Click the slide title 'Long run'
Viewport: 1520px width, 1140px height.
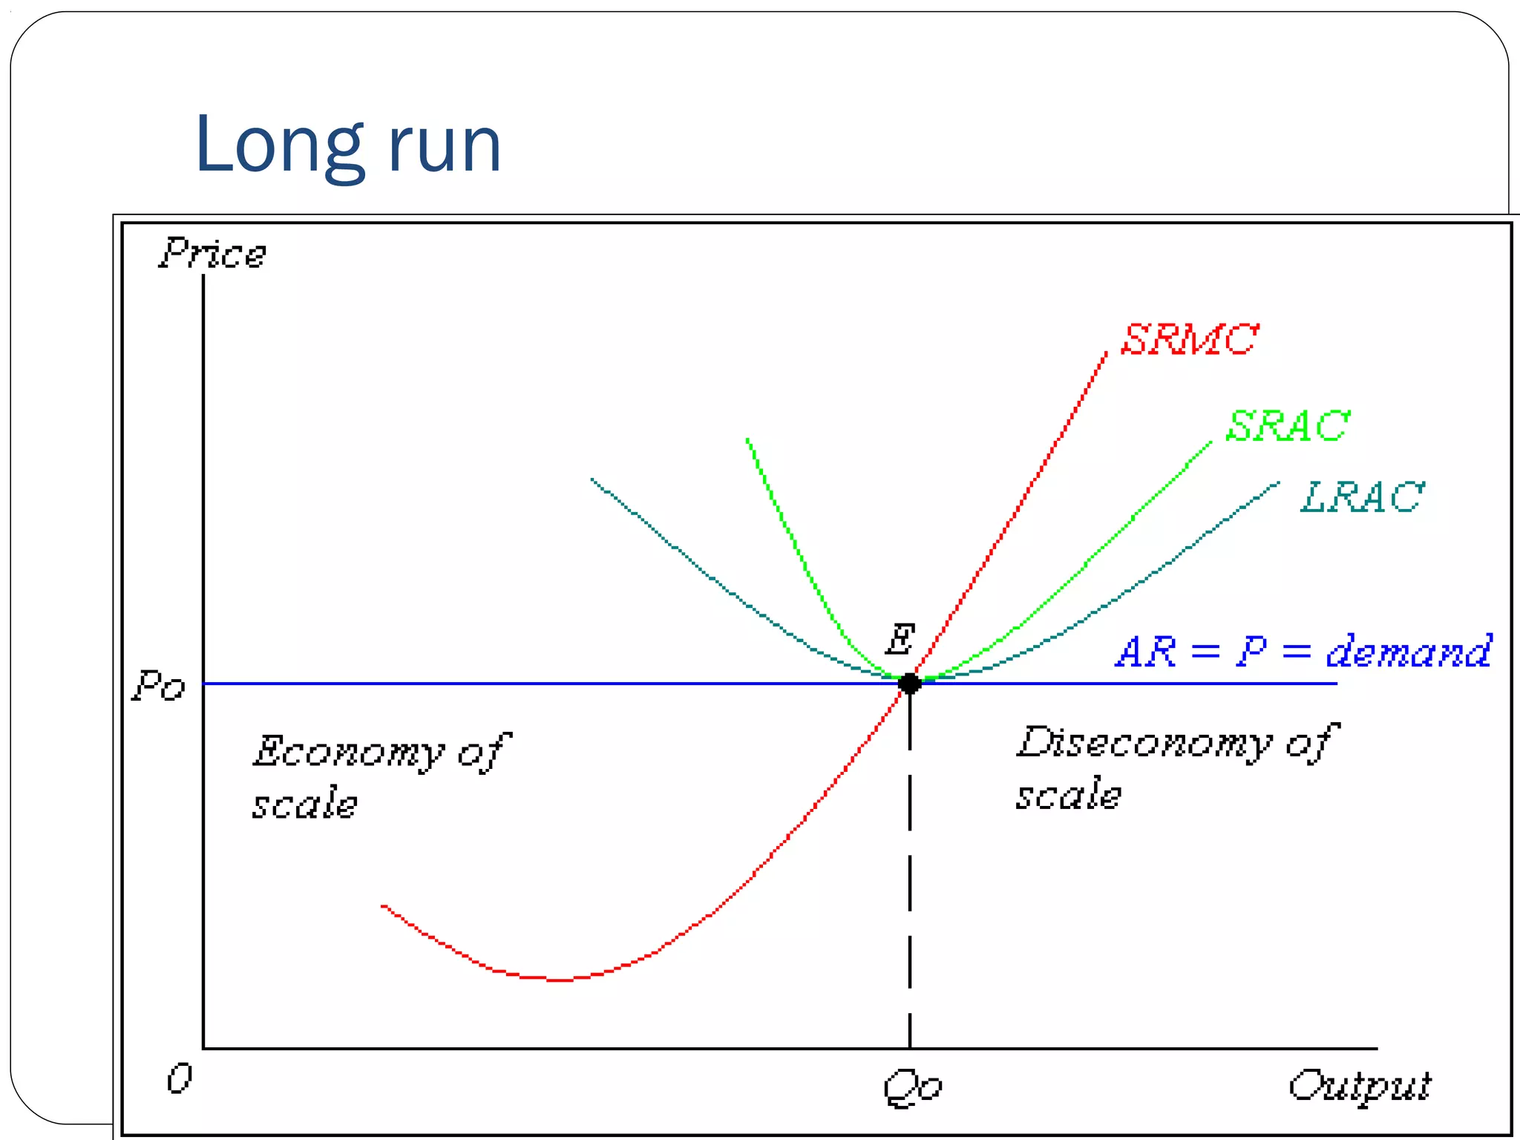[x=347, y=145]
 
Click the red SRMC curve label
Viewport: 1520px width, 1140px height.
[x=1189, y=340]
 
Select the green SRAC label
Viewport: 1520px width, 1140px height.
[x=1287, y=426]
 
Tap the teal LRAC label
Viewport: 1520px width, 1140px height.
[x=1363, y=497]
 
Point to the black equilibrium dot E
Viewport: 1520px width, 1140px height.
[x=910, y=684]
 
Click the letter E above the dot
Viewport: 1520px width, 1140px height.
[x=900, y=640]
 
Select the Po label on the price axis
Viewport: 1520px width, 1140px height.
[x=158, y=686]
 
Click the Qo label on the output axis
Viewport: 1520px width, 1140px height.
[x=912, y=1088]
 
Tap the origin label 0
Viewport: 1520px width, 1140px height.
[x=179, y=1078]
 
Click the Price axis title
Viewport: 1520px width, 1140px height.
[x=212, y=254]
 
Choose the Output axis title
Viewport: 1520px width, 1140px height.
[x=1359, y=1087]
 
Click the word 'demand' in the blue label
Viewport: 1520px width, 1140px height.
[x=1408, y=652]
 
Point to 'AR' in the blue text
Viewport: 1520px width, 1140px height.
[x=1146, y=652]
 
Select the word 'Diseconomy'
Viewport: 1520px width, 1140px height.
[x=1143, y=743]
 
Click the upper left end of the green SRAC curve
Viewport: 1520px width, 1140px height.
[x=747, y=440]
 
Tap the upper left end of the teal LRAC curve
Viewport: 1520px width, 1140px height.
[x=592, y=479]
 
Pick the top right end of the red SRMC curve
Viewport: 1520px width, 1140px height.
[x=1106, y=355]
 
